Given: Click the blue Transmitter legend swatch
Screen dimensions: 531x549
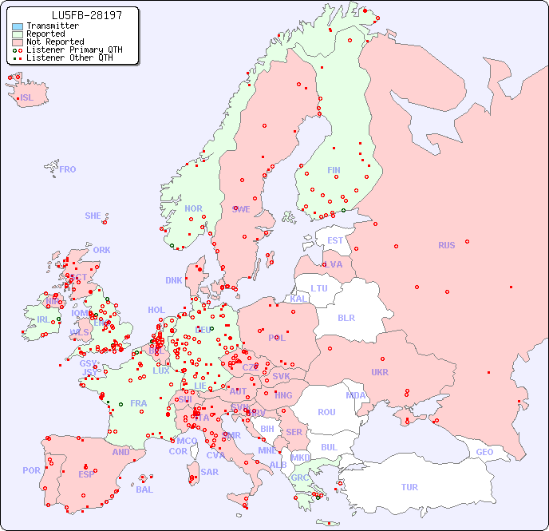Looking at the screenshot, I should [x=18, y=26].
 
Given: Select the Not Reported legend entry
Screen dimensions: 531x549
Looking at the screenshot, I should [x=54, y=42].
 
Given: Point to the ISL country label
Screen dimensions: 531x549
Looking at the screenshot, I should [x=27, y=98].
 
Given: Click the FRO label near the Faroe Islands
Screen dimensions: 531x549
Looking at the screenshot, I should [x=68, y=169].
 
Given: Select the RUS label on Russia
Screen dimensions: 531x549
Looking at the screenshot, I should [x=446, y=245].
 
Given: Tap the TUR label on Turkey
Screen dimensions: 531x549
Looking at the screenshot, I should [x=409, y=487].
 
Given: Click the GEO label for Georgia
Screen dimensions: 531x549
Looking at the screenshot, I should [x=484, y=452].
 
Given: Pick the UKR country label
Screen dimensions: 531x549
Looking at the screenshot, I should [x=380, y=372].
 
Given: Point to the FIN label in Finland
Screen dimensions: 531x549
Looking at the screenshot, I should [x=334, y=170].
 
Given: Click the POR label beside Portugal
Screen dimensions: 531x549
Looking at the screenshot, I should [x=31, y=470].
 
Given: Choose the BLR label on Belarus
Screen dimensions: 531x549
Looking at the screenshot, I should [x=346, y=317].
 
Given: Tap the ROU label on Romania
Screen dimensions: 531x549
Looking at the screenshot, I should [x=326, y=412].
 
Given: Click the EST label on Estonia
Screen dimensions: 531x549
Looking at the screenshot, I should [x=335, y=240].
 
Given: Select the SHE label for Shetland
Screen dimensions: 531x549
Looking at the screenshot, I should [x=93, y=216].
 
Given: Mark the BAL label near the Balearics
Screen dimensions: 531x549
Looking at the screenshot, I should [x=144, y=489].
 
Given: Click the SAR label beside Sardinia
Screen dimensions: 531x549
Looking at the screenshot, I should [x=209, y=472].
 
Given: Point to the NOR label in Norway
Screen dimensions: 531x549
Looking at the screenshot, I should [x=193, y=208].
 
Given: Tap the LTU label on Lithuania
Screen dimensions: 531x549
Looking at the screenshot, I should [x=319, y=288].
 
